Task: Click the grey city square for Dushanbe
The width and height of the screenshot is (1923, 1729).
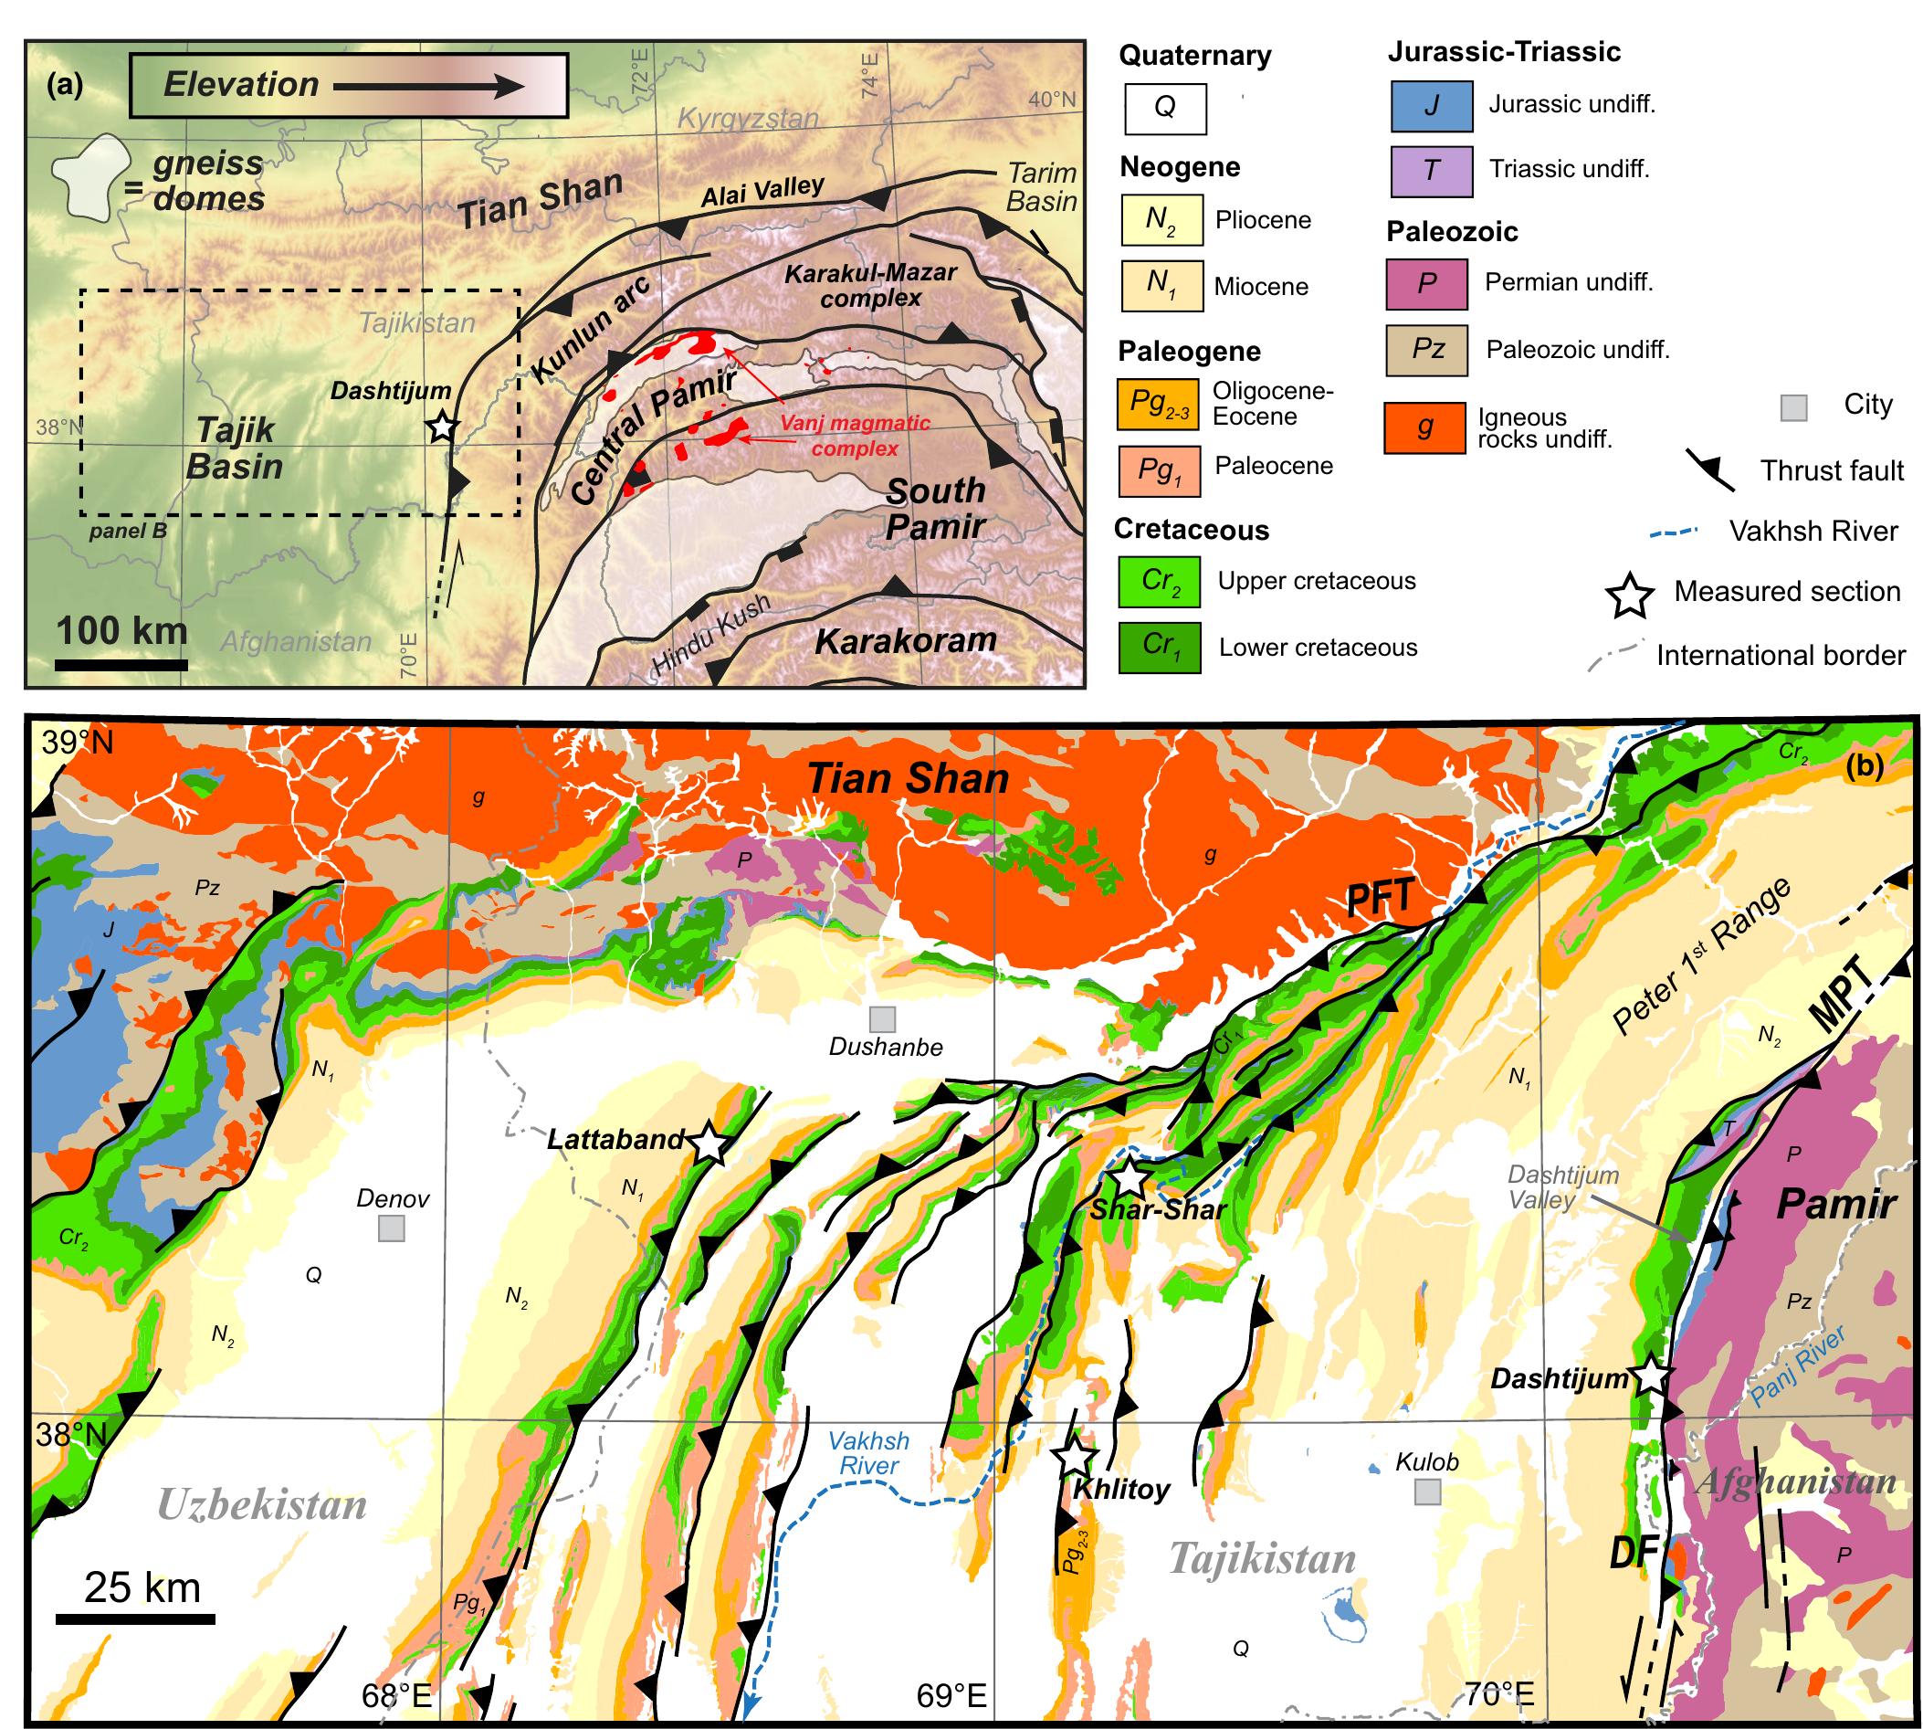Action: [882, 1019]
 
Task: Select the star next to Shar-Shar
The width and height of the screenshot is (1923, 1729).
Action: [1130, 1178]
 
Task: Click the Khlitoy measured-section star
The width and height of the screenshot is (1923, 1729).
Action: [1075, 1456]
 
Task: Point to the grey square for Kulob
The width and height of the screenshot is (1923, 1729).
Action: [1427, 1492]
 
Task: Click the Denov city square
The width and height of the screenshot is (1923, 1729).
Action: [391, 1229]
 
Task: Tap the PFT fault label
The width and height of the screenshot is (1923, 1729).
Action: [1381, 897]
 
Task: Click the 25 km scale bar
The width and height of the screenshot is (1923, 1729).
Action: [135, 1618]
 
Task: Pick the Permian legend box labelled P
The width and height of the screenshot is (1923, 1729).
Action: [1426, 283]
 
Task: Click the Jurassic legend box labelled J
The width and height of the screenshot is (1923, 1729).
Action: [1431, 105]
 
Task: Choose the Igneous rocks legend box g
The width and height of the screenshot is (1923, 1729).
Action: [1424, 427]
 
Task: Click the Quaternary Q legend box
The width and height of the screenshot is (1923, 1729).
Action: [1163, 108]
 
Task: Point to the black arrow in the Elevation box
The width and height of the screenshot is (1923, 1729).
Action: [428, 87]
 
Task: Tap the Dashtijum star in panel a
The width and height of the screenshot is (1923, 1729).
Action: [442, 428]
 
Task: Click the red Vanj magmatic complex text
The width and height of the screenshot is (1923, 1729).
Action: [855, 435]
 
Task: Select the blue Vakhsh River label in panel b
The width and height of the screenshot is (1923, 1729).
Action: [868, 1453]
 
